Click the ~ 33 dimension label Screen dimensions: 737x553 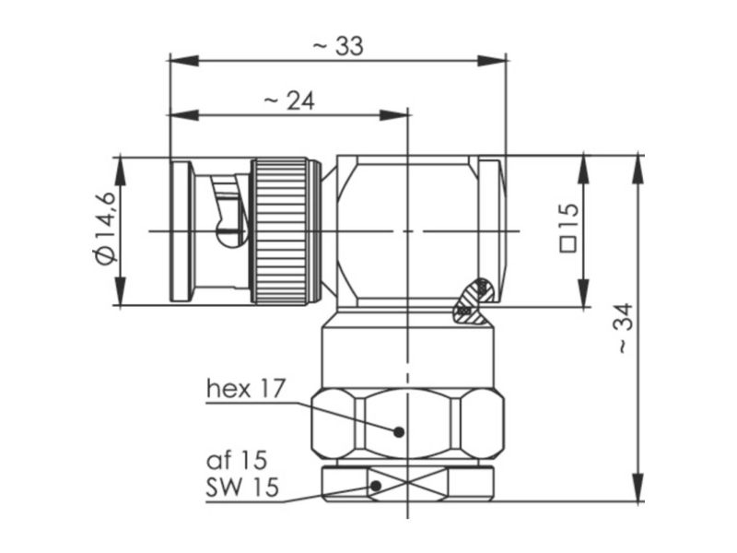coord(338,46)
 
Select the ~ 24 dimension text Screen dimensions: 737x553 coord(289,100)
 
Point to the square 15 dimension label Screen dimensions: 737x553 coord(568,228)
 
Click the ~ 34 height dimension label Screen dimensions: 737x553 coord(626,328)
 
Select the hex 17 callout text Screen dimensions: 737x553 coord(246,389)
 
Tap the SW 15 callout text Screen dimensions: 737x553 coord(242,488)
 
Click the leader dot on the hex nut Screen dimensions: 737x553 coord(399,431)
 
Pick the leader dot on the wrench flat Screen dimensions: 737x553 coord(376,486)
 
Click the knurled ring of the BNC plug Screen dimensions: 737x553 coord(282,230)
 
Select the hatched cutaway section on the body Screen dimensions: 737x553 coord(474,301)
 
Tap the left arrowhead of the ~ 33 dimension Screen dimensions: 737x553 coord(183,61)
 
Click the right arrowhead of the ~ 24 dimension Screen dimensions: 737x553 coord(394,115)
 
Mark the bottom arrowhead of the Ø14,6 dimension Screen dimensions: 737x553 coord(121,291)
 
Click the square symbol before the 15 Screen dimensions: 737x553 coord(568,245)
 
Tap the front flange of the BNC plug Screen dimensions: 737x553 coord(181,231)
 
